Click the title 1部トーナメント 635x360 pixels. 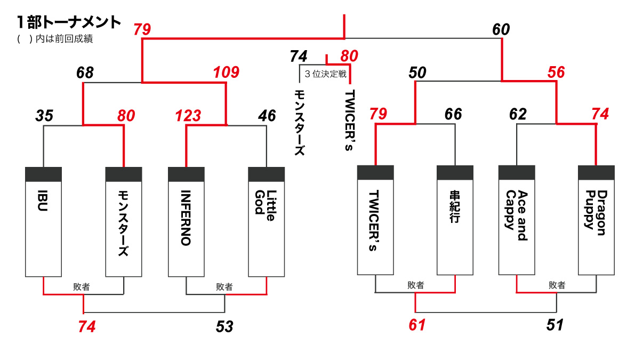(69, 22)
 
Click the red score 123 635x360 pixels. (188, 115)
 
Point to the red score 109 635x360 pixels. (226, 73)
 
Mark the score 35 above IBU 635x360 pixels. (45, 115)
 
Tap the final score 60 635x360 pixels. (501, 30)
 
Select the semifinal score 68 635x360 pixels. (85, 73)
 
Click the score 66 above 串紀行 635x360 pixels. (453, 114)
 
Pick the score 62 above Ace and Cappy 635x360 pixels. (518, 114)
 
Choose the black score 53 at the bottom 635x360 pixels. (224, 326)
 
